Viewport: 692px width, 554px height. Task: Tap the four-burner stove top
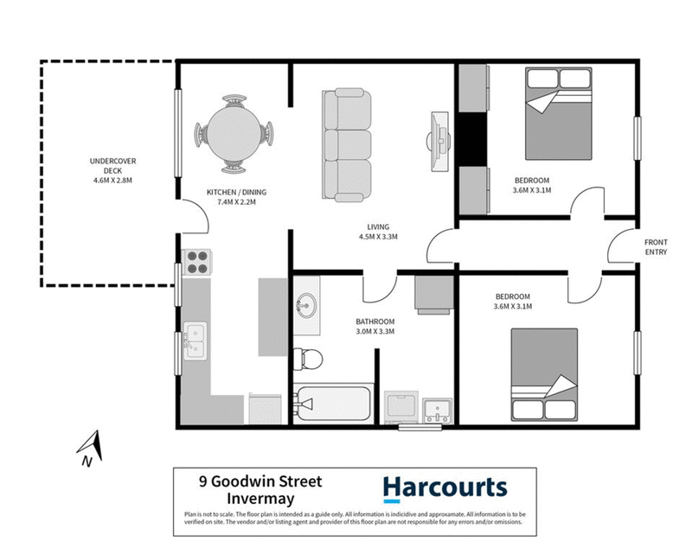click(197, 262)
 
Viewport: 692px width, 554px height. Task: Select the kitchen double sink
click(194, 339)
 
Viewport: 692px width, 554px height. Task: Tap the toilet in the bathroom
click(307, 357)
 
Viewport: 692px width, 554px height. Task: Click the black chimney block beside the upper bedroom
click(473, 137)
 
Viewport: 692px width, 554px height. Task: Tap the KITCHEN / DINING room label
click(230, 196)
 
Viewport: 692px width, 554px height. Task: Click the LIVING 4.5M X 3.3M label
click(377, 232)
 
